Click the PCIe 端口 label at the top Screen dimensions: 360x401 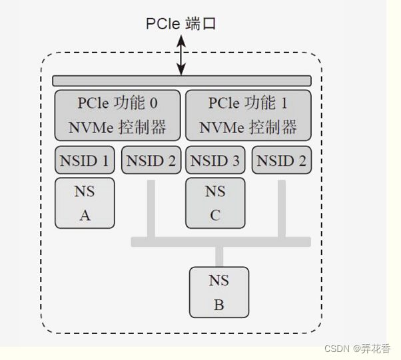click(x=181, y=25)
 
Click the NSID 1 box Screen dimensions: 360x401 click(x=85, y=160)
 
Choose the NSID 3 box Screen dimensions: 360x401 click(x=215, y=160)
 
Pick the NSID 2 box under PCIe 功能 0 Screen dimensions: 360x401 click(x=151, y=160)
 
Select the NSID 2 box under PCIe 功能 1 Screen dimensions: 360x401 click(x=281, y=160)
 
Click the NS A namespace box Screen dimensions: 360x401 click(x=85, y=203)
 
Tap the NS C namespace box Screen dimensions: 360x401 click(x=215, y=203)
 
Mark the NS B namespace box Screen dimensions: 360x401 click(x=219, y=292)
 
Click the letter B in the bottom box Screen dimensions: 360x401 click(x=219, y=305)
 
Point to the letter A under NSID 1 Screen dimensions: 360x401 click(x=85, y=216)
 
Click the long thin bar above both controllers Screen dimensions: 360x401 click(x=181, y=81)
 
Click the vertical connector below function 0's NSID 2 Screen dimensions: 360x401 click(x=151, y=208)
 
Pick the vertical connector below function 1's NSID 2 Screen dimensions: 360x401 click(x=281, y=208)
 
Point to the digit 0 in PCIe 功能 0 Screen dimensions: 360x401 click(x=155, y=103)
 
